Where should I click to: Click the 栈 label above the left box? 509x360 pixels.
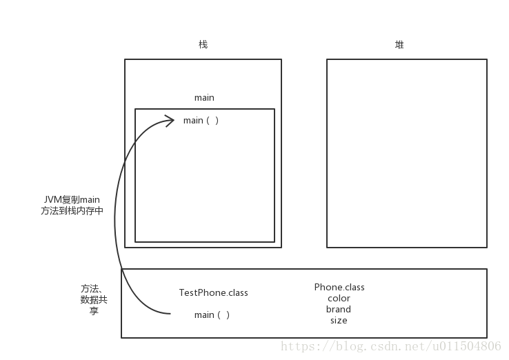pyautogui.click(x=203, y=45)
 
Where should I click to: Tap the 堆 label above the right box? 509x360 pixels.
pyautogui.click(x=399, y=45)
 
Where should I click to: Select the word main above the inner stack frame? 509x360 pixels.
pyautogui.click(x=204, y=98)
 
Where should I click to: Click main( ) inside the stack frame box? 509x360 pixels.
pyautogui.click(x=201, y=121)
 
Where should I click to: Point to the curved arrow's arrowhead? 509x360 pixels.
pyautogui.click(x=171, y=121)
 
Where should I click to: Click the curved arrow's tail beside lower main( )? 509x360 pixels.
pyautogui.click(x=168, y=314)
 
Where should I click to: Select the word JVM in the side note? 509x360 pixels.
pyautogui.click(x=52, y=200)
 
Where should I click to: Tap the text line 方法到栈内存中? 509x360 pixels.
pyautogui.click(x=72, y=212)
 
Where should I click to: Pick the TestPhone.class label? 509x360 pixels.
pyautogui.click(x=213, y=293)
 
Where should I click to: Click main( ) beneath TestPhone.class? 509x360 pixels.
pyautogui.click(x=212, y=315)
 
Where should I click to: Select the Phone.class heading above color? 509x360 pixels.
pyautogui.click(x=339, y=287)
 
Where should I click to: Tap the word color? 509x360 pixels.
pyautogui.click(x=339, y=299)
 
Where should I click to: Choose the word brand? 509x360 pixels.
pyautogui.click(x=339, y=310)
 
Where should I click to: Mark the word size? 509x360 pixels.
pyautogui.click(x=339, y=321)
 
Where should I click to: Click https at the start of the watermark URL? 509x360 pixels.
pyautogui.click(x=299, y=346)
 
